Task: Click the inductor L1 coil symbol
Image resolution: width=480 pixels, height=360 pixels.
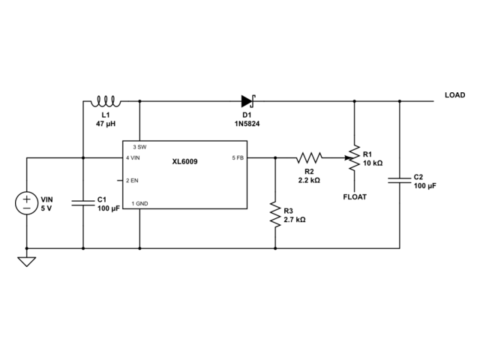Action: (106, 102)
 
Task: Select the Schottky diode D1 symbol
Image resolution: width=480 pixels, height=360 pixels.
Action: (248, 101)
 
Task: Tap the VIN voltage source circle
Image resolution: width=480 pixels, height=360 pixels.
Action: (27, 203)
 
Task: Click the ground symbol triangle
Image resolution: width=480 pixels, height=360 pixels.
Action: (27, 262)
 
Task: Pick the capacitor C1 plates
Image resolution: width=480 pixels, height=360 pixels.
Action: (83, 203)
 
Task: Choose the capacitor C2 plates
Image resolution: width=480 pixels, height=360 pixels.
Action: (400, 180)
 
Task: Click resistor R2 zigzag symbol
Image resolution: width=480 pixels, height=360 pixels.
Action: (309, 158)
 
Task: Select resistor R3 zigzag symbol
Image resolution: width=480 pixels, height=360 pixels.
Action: (275, 214)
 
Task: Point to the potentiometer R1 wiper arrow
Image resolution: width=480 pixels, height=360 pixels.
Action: (349, 158)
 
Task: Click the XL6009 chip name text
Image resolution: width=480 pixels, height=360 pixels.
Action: (184, 162)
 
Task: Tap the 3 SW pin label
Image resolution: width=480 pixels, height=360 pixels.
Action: (139, 147)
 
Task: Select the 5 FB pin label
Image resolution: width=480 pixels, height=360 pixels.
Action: (238, 158)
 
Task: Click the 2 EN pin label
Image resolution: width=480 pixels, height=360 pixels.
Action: (132, 181)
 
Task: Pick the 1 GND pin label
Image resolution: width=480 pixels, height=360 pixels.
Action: (140, 203)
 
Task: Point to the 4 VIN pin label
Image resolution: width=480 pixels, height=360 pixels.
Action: (133, 158)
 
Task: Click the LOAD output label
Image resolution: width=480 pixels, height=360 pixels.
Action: (455, 95)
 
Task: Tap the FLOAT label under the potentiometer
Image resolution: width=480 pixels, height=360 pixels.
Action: (355, 196)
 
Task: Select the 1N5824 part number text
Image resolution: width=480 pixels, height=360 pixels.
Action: (247, 124)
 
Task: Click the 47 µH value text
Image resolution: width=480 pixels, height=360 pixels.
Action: (106, 124)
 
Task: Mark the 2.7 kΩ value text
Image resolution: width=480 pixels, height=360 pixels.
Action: (295, 220)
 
